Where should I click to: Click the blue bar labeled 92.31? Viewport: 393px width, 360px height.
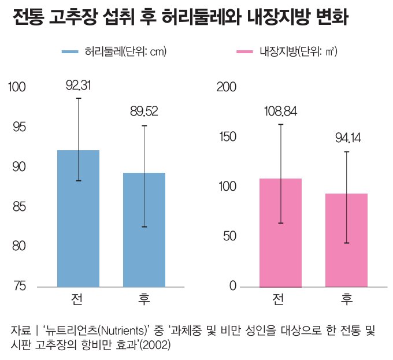(x=78, y=218)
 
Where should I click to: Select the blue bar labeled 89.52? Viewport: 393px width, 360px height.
(x=144, y=229)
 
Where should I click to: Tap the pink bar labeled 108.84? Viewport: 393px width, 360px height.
(x=280, y=232)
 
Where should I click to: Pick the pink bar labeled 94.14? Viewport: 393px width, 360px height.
(x=346, y=240)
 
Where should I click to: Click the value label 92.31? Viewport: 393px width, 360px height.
(x=79, y=86)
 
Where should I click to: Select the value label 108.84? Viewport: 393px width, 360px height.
(x=280, y=111)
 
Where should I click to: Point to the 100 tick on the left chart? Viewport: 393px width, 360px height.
(x=17, y=87)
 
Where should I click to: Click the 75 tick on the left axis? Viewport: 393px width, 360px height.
(x=20, y=286)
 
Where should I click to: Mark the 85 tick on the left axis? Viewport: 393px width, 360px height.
(x=20, y=206)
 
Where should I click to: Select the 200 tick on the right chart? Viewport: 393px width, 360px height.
(x=226, y=87)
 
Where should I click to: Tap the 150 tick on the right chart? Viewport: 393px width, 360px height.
(x=227, y=137)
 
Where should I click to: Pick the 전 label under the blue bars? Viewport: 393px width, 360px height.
(x=78, y=300)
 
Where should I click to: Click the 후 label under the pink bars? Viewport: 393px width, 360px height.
(x=346, y=300)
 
